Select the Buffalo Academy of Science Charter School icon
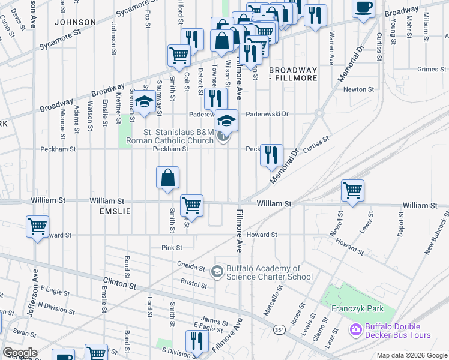216,272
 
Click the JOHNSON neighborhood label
74,22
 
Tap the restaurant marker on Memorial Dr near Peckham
271,155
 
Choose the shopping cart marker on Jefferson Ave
37,227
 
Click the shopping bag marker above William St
167,178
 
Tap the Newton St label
358,89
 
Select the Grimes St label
428,69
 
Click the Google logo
20,353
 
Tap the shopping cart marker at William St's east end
352,191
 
